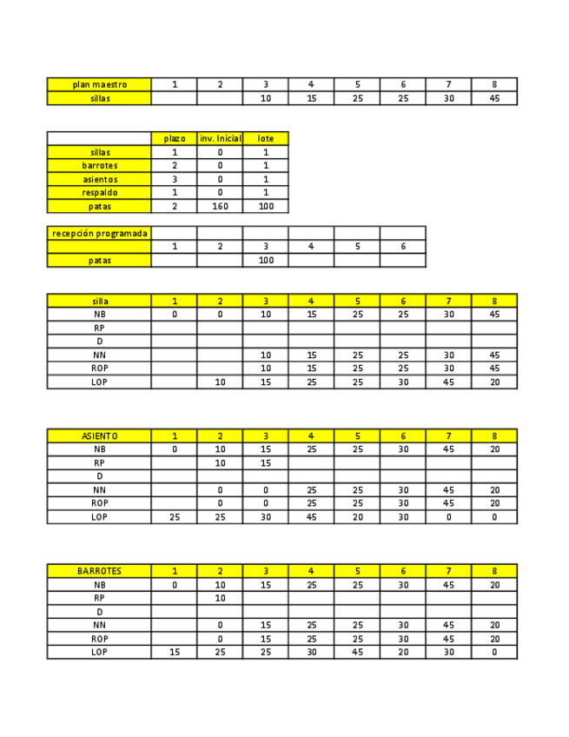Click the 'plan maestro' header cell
click(99, 84)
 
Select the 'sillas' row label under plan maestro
click(99, 98)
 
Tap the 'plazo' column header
click(175, 138)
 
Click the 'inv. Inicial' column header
click(220, 138)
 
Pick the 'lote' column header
click(265, 138)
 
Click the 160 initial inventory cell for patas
click(220, 206)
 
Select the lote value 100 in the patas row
click(265, 206)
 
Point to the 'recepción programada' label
click(99, 233)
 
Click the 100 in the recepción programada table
click(265, 260)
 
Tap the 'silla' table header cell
click(99, 301)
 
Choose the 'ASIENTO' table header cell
click(99, 435)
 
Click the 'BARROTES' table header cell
click(99, 571)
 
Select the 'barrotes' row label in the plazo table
click(99, 165)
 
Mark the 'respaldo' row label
click(99, 192)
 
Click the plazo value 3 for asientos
click(175, 179)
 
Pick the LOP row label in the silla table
click(99, 382)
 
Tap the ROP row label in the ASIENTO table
click(99, 503)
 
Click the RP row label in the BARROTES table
click(99, 598)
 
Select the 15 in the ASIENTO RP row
click(265, 462)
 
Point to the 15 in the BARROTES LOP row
click(175, 652)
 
